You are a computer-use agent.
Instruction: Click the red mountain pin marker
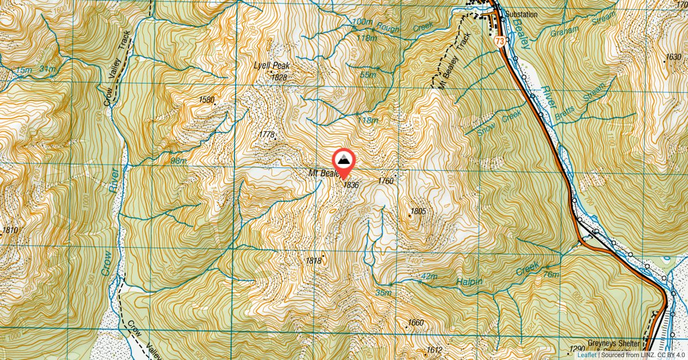[x=343, y=161]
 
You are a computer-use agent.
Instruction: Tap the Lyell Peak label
[x=272, y=66]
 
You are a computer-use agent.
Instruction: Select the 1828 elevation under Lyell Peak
[x=279, y=77]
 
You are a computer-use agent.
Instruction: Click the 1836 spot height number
[x=351, y=185]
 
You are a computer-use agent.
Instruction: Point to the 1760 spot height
[x=386, y=181]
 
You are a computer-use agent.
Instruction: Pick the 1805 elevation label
[x=419, y=212]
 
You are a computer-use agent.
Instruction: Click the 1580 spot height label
[x=206, y=100]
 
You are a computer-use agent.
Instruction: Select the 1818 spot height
[x=313, y=261]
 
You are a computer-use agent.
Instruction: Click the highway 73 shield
[x=501, y=41]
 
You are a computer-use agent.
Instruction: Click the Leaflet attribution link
[x=588, y=355]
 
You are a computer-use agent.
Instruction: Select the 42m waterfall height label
[x=429, y=277]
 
